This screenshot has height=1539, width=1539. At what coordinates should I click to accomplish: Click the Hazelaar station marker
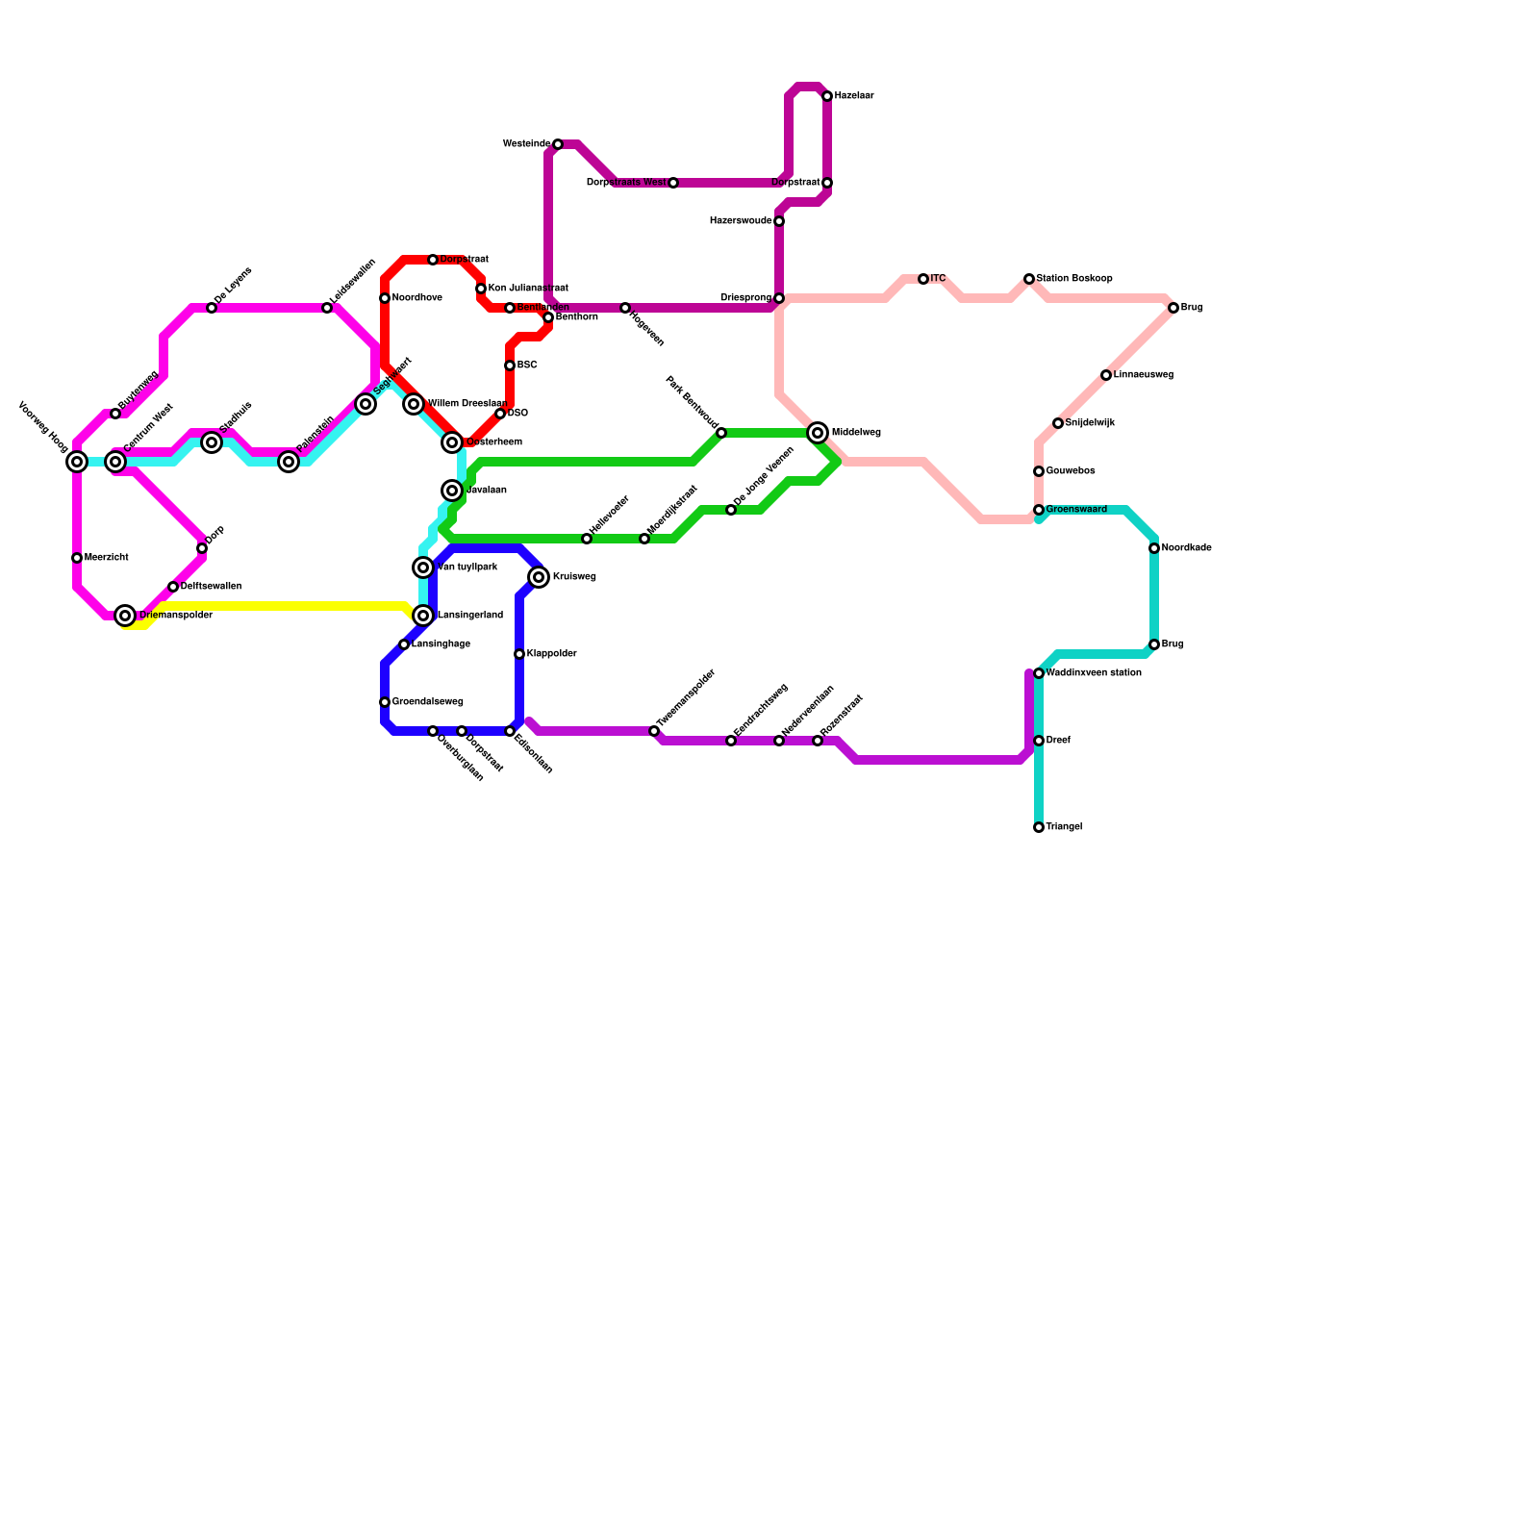[827, 96]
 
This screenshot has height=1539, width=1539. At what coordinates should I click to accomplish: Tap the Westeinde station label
[526, 144]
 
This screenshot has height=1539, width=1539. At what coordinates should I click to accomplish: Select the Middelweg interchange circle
[818, 433]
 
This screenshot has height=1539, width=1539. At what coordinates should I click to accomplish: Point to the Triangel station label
[1064, 827]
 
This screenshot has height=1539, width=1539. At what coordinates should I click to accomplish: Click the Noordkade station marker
[1154, 548]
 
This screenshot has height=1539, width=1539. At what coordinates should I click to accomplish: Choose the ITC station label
[938, 279]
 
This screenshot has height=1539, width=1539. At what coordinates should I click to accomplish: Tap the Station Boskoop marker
[1029, 279]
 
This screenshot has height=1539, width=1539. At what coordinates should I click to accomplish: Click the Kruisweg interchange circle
[539, 577]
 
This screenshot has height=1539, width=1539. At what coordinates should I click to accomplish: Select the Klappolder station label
[551, 654]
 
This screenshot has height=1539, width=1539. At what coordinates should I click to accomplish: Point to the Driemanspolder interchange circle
[125, 616]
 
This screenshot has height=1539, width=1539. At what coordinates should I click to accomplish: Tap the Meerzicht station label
[106, 558]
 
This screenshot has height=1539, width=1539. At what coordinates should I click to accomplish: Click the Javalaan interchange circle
[452, 491]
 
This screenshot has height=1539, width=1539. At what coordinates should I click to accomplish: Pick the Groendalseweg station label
[427, 702]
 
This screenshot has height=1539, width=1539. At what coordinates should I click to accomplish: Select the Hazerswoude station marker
[779, 221]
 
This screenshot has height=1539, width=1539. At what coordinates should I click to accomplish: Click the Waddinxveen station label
[1093, 673]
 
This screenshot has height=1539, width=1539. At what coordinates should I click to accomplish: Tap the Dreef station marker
[1039, 741]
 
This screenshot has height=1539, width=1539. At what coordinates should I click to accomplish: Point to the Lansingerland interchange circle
[423, 616]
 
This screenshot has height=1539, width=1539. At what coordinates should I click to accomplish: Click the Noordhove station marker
[385, 298]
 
